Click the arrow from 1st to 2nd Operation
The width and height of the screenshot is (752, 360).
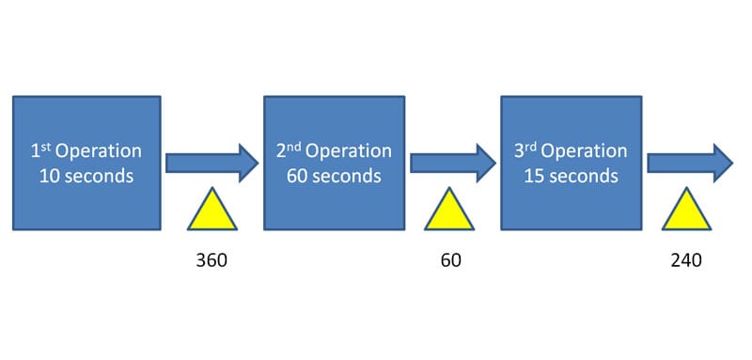[x=212, y=163]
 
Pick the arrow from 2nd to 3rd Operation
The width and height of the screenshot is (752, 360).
[x=450, y=163]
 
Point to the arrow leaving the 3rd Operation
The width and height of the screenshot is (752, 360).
[x=688, y=163]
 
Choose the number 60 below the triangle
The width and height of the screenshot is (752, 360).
[x=450, y=260]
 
